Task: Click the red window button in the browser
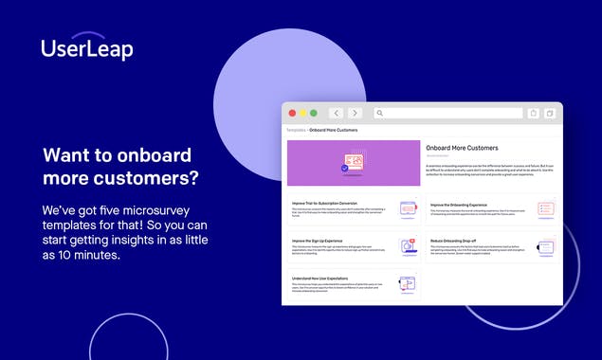click(x=292, y=113)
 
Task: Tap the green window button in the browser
click(x=314, y=113)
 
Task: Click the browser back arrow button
click(x=336, y=113)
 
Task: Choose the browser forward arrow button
click(x=355, y=113)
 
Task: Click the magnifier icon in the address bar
click(x=379, y=113)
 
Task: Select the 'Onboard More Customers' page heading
click(x=462, y=149)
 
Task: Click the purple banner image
click(x=354, y=164)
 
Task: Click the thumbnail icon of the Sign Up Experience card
click(x=408, y=246)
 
